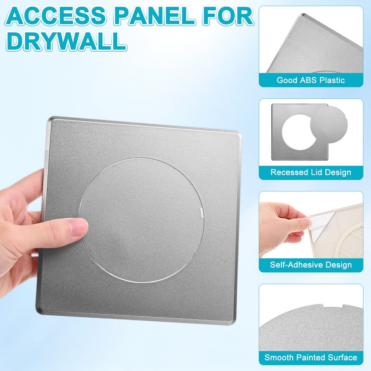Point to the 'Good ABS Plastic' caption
(311, 80)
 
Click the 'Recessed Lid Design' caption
(311, 172)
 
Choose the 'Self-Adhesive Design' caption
(311, 265)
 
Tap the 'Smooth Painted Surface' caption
(311, 358)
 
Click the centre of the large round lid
(141, 221)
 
